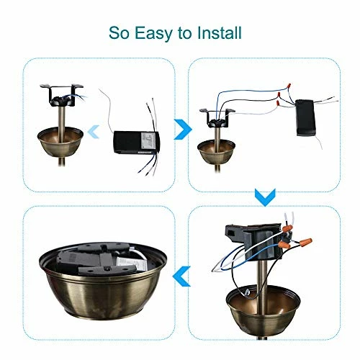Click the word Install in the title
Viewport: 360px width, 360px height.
(x=219, y=32)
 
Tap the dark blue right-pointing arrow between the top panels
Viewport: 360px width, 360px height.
(x=183, y=130)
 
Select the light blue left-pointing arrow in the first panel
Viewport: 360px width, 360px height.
(x=94, y=132)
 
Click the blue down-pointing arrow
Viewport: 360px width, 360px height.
(x=265, y=197)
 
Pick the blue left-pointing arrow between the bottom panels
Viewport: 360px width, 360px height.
(x=181, y=276)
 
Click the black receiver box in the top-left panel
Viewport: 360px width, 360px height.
(x=136, y=142)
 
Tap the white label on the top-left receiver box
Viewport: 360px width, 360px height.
(x=148, y=142)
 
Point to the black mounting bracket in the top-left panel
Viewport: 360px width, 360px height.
(x=61, y=95)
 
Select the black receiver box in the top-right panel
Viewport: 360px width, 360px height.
(x=305, y=117)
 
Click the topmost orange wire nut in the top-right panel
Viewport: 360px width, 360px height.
(x=289, y=86)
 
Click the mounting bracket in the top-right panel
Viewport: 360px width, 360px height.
(x=217, y=118)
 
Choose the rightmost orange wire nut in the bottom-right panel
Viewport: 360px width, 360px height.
(x=305, y=240)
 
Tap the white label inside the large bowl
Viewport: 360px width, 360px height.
(x=132, y=264)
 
